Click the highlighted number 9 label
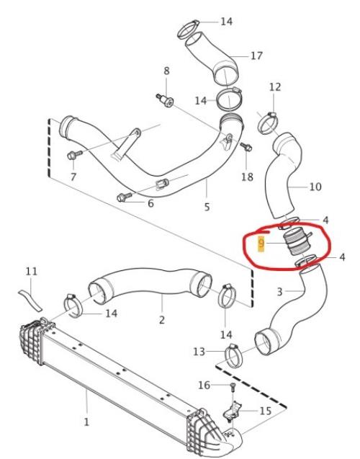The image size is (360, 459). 261,244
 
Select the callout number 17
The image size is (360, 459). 256,55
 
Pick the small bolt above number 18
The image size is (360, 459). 246,146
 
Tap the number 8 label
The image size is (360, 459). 166,71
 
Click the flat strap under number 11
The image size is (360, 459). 30,300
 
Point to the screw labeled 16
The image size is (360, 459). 233,388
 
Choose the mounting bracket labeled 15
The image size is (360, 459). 233,411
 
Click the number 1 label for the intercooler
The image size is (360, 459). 86,422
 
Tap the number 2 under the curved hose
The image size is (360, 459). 162,319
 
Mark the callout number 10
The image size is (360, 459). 315,187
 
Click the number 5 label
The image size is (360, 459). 207,207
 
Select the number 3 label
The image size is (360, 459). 279,292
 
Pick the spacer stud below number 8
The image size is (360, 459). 165,100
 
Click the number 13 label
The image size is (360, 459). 199,352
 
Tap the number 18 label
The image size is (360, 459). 247,177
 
